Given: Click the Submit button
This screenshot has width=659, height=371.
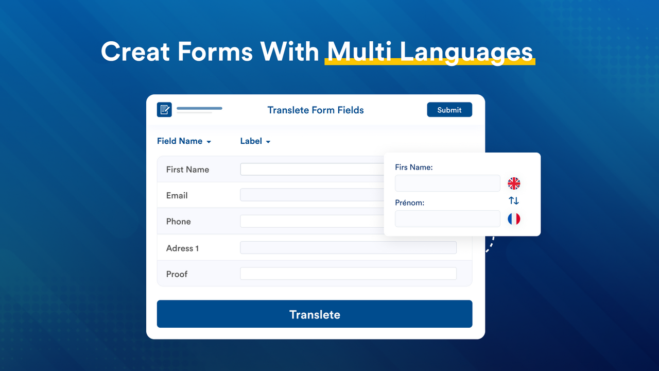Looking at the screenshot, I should point(449,110).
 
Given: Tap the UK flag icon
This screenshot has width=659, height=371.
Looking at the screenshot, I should point(514,183).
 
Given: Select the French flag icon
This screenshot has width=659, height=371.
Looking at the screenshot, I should point(514,219).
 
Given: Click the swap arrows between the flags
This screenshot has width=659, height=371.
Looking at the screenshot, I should point(514,201).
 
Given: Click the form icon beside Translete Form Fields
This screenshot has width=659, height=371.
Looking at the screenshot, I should point(164,110).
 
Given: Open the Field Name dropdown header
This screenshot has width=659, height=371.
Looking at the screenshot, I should point(184,141).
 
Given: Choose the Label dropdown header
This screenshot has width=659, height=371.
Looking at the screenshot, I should point(255,141).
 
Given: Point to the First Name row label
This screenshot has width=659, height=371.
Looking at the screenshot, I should point(187,170).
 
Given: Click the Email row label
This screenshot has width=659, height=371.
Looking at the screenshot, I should point(177,195).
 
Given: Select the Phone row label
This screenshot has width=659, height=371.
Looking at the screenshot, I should point(178,222).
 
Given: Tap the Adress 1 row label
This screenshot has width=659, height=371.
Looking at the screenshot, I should point(182,248).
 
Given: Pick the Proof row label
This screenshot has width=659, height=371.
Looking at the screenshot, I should point(177,274).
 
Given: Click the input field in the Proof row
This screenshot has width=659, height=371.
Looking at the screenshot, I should point(348,274).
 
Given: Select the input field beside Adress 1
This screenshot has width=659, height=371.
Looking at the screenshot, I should point(348,248).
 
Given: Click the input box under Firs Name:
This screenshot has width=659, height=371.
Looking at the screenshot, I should point(447,183).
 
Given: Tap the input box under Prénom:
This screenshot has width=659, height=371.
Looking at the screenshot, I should point(447,218).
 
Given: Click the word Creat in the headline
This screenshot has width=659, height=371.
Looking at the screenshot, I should point(135,52).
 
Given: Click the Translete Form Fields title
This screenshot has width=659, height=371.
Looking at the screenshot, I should point(316,110).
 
